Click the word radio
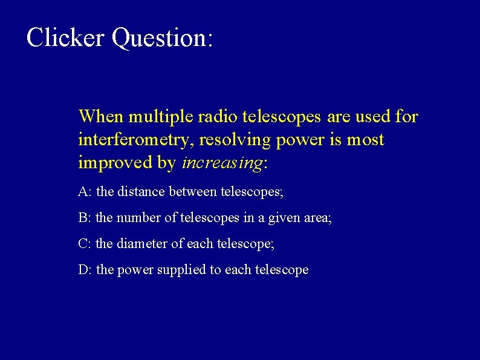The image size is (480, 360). (215, 116)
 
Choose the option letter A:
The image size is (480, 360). (85, 192)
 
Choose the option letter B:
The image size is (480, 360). (85, 218)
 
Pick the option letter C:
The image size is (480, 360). (85, 244)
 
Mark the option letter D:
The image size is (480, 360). (85, 270)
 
